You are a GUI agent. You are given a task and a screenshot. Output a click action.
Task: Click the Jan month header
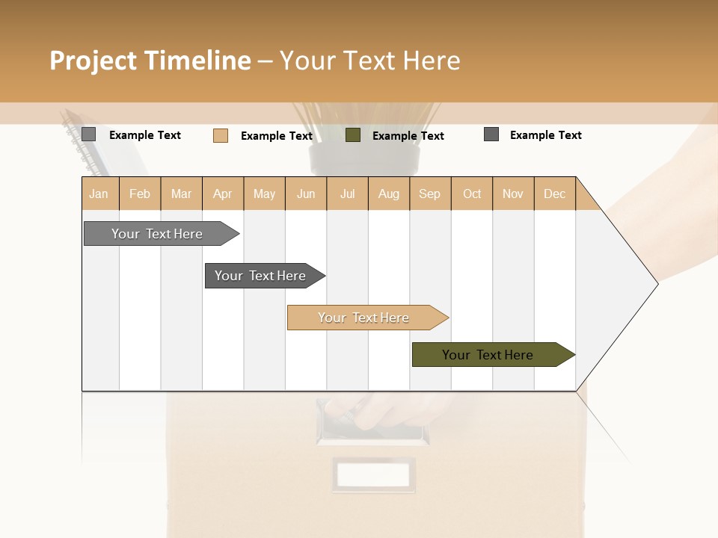(x=99, y=194)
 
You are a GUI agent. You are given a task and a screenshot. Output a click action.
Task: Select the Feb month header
(x=140, y=194)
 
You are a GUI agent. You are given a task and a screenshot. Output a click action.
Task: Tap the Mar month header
(x=181, y=194)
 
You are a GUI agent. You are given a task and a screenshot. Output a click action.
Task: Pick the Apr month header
(x=223, y=194)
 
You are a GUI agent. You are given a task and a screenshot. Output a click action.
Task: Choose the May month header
(x=264, y=194)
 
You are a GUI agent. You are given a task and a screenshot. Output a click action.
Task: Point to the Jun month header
(x=306, y=194)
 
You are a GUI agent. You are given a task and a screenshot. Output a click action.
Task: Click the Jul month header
(x=347, y=194)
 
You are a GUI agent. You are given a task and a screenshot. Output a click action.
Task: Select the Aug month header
(x=389, y=194)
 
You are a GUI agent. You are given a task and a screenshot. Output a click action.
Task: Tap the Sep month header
(x=430, y=194)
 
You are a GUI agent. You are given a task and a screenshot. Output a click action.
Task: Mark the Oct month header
(x=472, y=194)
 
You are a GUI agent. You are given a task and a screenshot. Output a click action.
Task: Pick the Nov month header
(x=513, y=194)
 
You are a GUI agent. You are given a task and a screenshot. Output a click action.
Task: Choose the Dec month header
(x=555, y=194)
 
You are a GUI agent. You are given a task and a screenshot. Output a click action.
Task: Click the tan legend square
(x=220, y=135)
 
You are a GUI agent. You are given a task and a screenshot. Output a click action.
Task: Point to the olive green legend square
(x=353, y=135)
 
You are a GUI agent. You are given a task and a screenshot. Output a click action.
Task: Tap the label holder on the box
(x=373, y=474)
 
